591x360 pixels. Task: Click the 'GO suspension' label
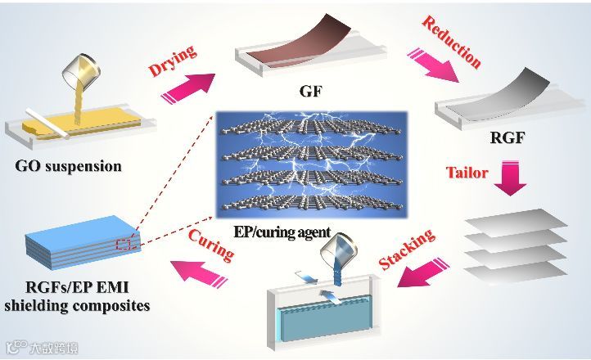click(x=68, y=166)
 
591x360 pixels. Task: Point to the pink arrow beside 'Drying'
click(x=190, y=84)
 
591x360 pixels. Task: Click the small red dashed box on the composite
click(x=124, y=243)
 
